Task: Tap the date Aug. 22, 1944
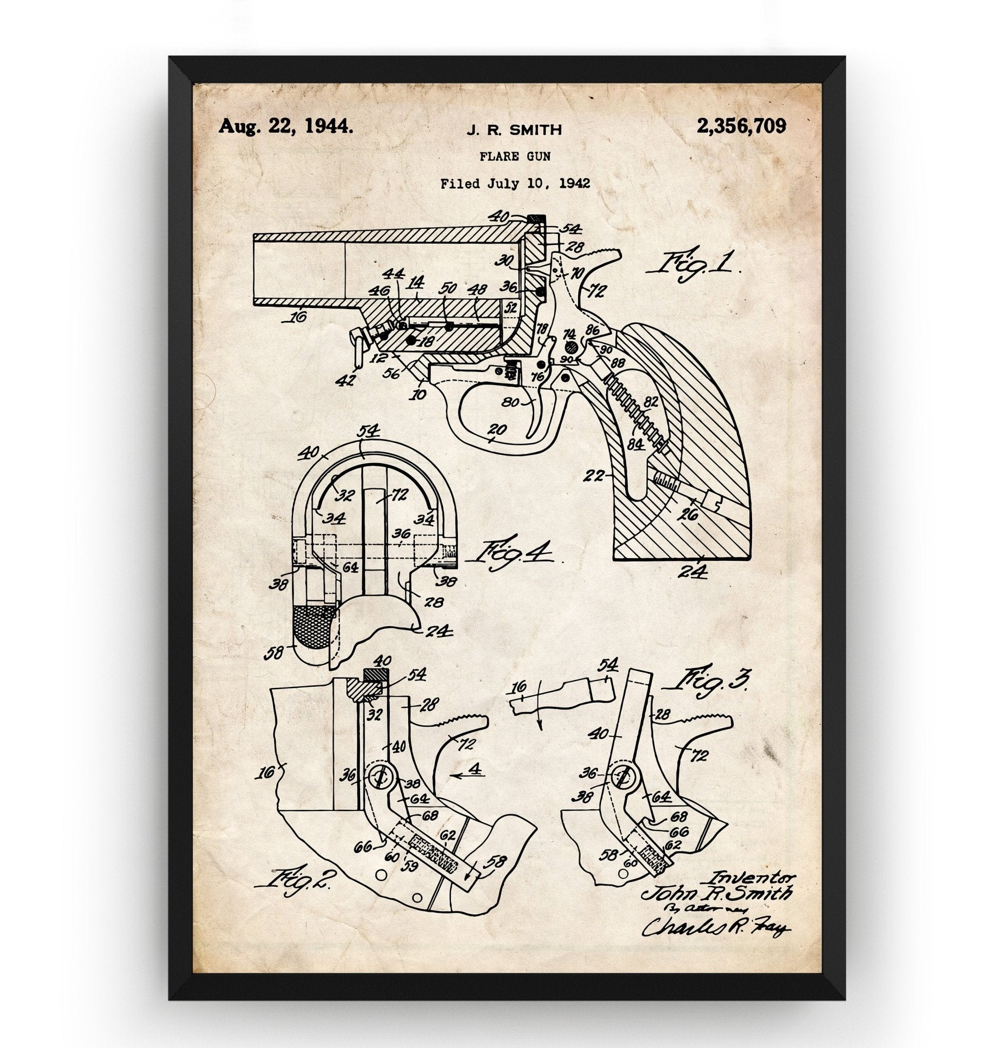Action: tap(286, 126)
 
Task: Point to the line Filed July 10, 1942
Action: tap(515, 184)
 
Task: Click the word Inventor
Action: tap(752, 877)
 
